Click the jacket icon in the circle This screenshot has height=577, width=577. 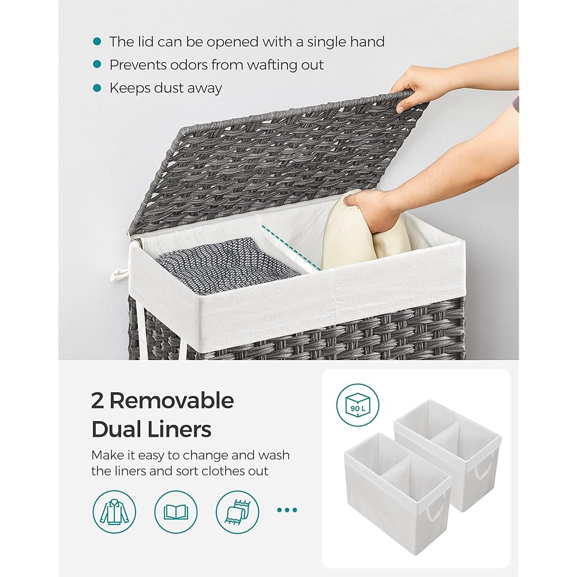coord(114,512)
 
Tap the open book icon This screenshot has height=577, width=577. coord(176,512)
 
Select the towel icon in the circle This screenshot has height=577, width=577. coord(237,512)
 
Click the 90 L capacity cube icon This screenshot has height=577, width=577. coord(357,405)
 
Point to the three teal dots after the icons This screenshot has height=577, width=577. coord(287,510)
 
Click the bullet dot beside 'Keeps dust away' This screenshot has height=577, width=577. coord(97,88)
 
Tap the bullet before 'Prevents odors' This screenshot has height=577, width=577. coord(97,65)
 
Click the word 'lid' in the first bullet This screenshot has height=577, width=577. coord(146,42)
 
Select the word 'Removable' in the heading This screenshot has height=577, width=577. coord(171,400)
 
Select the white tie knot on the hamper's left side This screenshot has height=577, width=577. coord(118,275)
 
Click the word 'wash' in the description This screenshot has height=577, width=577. coord(273,455)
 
